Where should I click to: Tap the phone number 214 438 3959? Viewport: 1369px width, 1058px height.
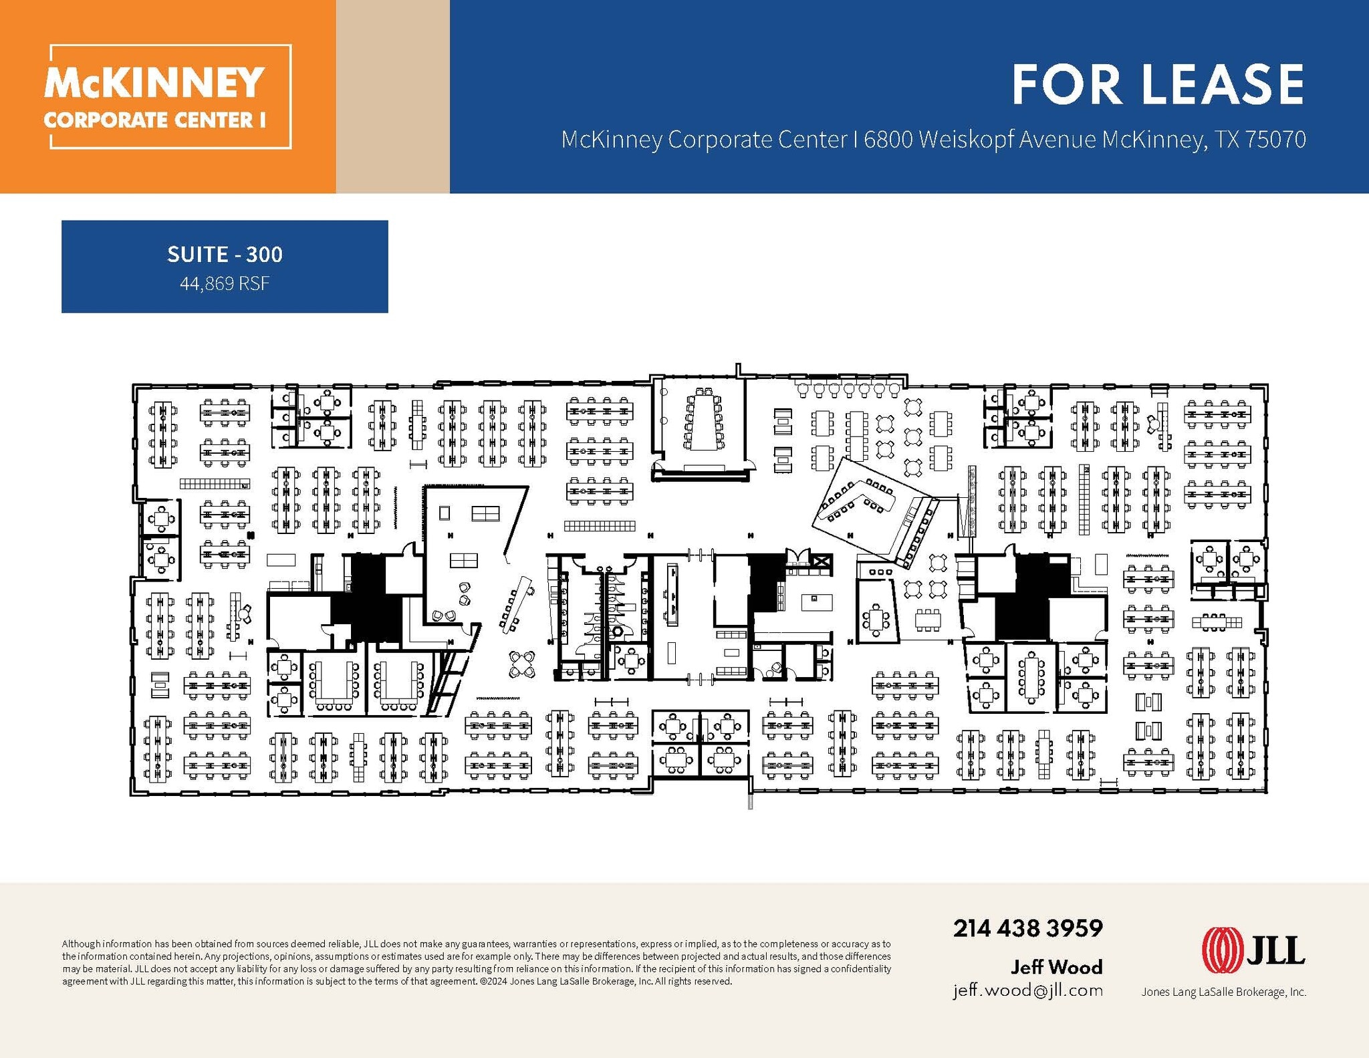(x=1027, y=928)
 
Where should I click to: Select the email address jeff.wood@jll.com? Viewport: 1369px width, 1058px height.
(x=1027, y=990)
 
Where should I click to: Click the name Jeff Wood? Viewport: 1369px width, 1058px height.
(x=1056, y=966)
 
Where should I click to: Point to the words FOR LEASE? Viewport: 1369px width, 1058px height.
(x=1157, y=85)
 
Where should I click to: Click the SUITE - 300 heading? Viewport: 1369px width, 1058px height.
(x=225, y=255)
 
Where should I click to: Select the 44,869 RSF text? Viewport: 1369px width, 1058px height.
(x=225, y=284)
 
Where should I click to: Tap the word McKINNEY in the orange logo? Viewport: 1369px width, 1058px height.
(x=154, y=83)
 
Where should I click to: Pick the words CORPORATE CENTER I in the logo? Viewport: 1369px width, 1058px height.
(x=154, y=120)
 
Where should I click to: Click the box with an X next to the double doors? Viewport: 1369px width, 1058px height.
(x=822, y=562)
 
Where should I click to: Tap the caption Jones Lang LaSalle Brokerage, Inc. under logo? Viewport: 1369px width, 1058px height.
(x=1223, y=993)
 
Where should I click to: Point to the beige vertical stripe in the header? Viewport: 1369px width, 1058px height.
(x=392, y=96)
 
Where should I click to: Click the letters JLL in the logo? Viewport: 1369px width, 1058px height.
(x=1275, y=950)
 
